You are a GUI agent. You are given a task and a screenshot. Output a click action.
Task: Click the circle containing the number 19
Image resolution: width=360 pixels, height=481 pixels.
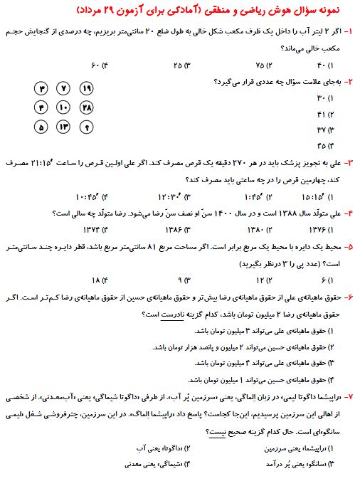(x=87, y=89)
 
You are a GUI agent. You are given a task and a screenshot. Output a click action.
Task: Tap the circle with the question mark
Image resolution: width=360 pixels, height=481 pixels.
(x=87, y=127)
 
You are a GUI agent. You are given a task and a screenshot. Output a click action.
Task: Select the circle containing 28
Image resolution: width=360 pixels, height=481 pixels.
(x=87, y=108)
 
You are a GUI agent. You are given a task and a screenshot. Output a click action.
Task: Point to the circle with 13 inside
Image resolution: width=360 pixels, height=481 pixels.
(x=63, y=127)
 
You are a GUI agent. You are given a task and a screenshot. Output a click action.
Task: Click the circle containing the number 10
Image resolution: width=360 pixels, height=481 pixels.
(x=63, y=108)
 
